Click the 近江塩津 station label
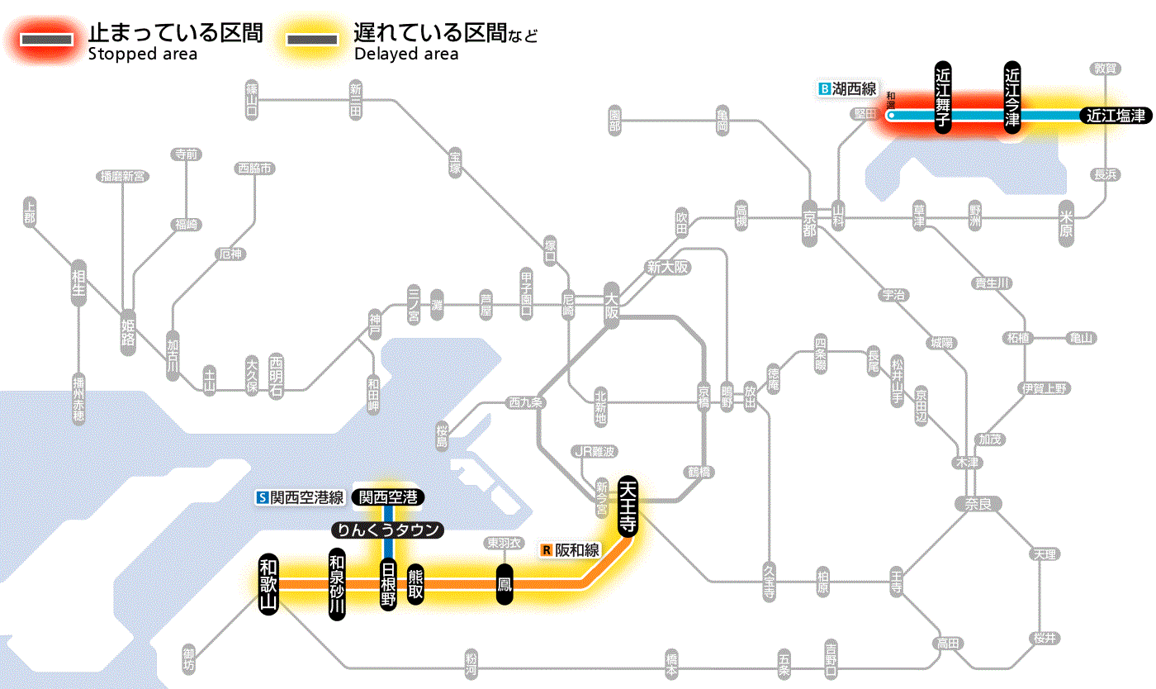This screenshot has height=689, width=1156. (x=1115, y=116)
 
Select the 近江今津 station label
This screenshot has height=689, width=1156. (x=1013, y=97)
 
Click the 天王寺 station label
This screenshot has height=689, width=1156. (x=627, y=506)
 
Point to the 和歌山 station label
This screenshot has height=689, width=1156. (x=268, y=583)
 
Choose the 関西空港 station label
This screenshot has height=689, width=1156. (x=388, y=497)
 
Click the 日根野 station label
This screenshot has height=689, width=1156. (x=387, y=584)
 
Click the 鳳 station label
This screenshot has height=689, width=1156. (x=504, y=584)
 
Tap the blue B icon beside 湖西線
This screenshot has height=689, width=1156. (x=823, y=88)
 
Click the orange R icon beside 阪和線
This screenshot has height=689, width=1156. (x=546, y=549)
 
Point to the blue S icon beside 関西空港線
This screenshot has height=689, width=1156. (x=263, y=497)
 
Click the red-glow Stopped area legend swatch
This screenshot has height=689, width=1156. (x=47, y=40)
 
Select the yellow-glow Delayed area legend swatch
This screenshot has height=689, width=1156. (x=311, y=40)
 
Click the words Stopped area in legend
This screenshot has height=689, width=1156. (x=142, y=55)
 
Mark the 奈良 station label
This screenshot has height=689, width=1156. (x=978, y=503)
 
